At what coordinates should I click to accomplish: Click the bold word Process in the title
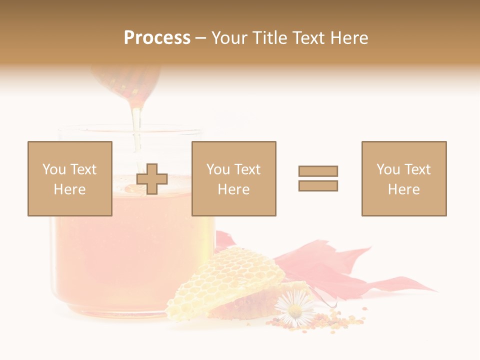157,38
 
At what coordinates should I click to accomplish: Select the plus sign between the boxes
152,179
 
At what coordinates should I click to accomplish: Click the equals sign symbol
318,178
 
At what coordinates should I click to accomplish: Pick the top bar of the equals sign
318,171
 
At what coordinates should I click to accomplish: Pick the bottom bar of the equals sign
318,186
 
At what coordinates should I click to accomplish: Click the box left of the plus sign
70,178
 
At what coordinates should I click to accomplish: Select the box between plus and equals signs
233,178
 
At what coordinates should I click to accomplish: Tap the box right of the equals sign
404,178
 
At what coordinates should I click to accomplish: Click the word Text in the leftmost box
83,169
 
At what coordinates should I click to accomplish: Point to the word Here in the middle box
233,189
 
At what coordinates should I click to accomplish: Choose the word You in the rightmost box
388,169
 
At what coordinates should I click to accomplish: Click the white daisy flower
294,308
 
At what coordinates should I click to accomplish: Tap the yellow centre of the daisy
294,310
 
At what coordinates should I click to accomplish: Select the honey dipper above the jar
127,82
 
